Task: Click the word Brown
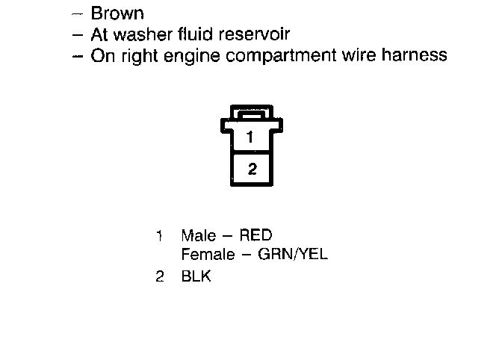point(117,13)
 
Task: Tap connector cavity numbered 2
point(252,169)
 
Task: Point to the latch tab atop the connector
point(252,114)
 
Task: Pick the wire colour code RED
point(257,236)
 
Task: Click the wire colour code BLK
point(196,277)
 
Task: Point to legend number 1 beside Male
point(159,236)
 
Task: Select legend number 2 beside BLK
point(159,277)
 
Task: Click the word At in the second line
point(99,34)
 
